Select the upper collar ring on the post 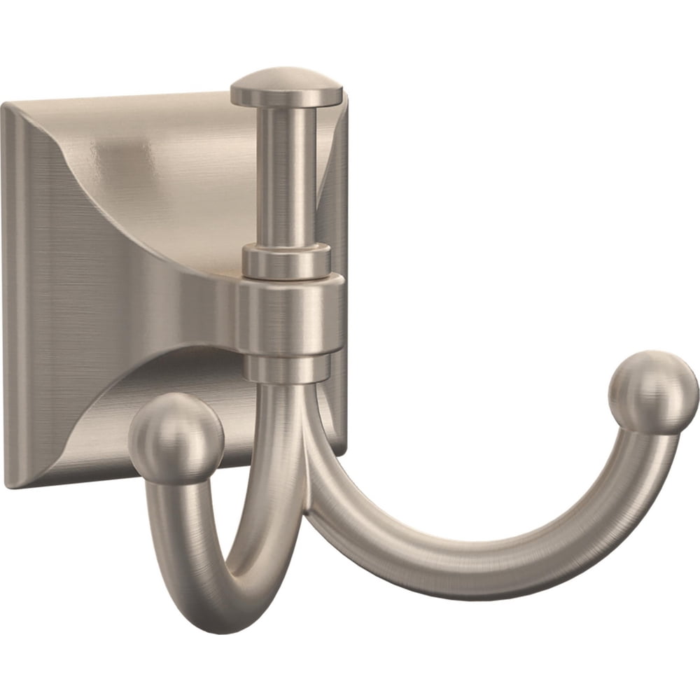point(287,261)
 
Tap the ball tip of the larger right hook point(653,392)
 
